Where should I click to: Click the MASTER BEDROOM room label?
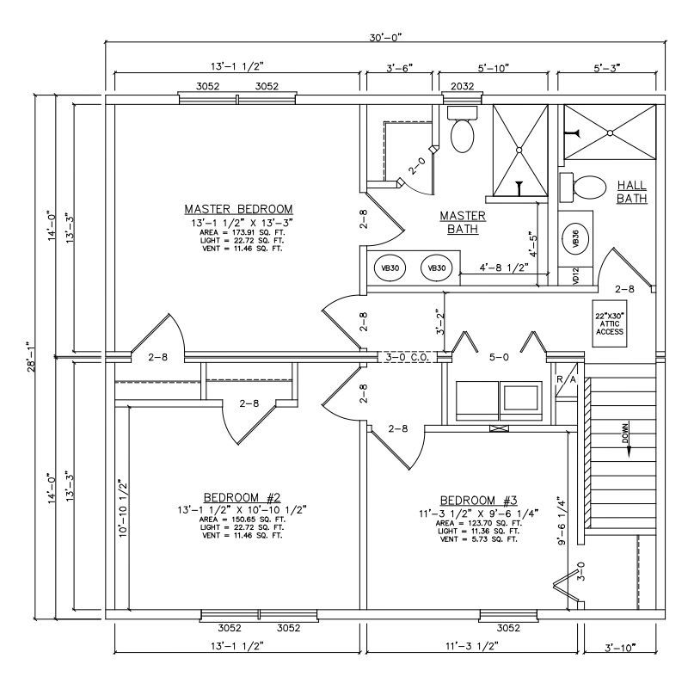(238, 209)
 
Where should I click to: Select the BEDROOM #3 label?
(479, 501)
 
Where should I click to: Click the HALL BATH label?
(631, 192)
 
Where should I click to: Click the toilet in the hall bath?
(584, 186)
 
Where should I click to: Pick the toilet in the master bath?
(463, 131)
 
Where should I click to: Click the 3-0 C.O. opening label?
(402, 356)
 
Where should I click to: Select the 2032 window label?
(462, 86)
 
